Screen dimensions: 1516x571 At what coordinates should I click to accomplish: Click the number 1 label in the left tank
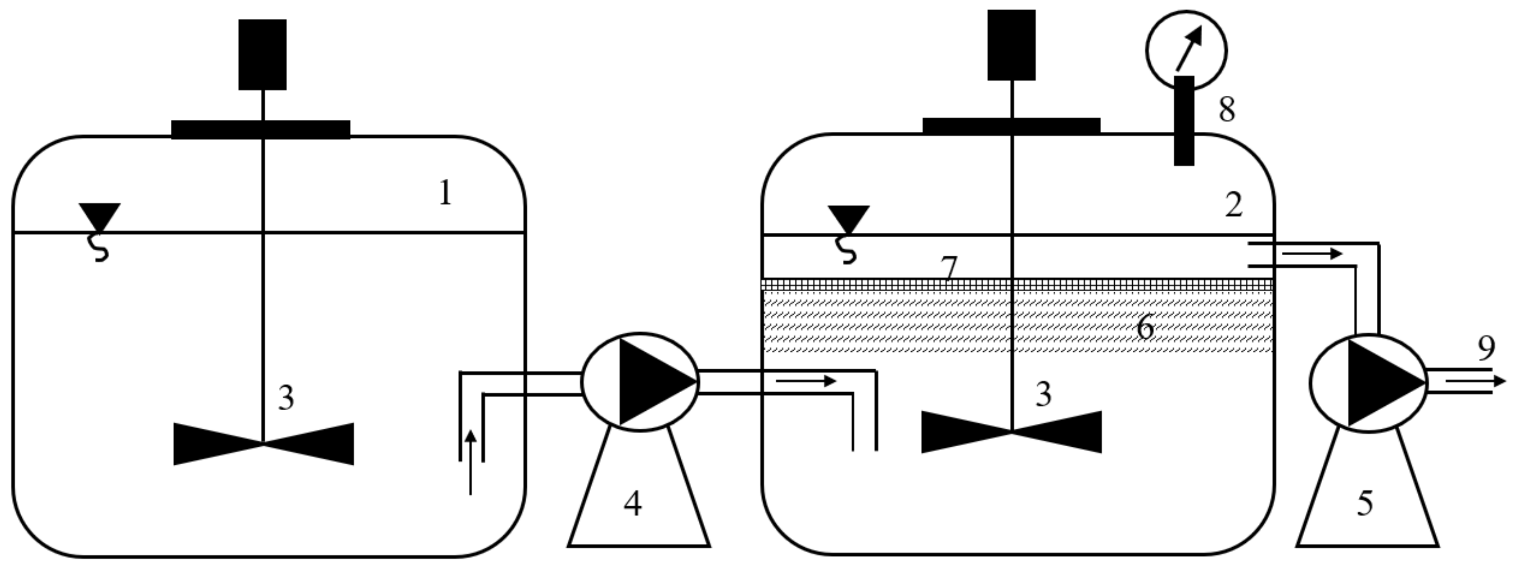tap(446, 193)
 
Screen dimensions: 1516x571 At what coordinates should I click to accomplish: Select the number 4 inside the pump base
tap(633, 504)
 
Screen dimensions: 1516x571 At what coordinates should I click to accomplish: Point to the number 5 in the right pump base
tap(1365, 504)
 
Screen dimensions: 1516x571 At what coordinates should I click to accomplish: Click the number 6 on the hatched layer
tap(1145, 328)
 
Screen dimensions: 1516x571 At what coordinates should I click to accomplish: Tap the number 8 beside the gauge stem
tap(1226, 110)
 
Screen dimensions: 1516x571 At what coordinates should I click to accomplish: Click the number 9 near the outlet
tap(1486, 348)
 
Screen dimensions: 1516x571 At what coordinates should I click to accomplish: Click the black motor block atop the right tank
tap(1011, 45)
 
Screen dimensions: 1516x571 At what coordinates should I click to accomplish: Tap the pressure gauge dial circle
tap(1186, 50)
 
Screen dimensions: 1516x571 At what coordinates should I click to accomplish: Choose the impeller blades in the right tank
tap(1011, 432)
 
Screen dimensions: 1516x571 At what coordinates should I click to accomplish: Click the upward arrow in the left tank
tap(470, 462)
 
